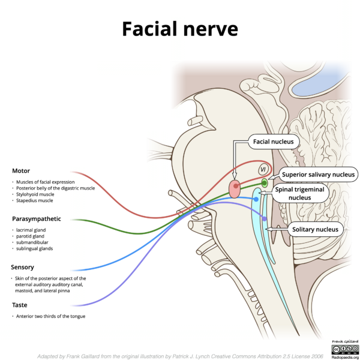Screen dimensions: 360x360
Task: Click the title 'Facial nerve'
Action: tap(180, 29)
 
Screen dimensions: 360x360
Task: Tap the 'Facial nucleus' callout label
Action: tap(274, 142)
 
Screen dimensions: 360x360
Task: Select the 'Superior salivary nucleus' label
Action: tap(318, 175)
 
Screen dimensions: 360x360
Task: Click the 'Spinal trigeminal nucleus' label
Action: tap(299, 193)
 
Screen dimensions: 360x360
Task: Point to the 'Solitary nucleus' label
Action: tap(315, 229)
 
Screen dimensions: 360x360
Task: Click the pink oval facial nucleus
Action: tap(235, 189)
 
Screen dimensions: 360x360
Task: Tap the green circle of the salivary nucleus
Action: tap(265, 183)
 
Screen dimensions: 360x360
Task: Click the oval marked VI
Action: tap(263, 169)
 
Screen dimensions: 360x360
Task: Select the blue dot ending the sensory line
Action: tap(256, 199)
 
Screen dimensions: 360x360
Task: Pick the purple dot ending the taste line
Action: tap(264, 219)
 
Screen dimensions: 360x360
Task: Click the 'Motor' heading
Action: tap(21, 171)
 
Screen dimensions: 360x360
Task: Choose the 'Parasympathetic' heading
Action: tap(37, 219)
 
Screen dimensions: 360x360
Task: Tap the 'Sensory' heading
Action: tap(23, 267)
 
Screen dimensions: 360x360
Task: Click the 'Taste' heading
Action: tap(20, 305)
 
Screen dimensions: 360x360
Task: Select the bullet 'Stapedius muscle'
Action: tap(34, 200)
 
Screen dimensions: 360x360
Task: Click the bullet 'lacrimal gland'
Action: tap(31, 230)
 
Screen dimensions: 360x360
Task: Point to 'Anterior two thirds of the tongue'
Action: tap(50, 316)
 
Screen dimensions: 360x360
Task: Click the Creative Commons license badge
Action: tap(346, 349)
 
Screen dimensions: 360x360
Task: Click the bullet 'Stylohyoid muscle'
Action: tap(35, 194)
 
